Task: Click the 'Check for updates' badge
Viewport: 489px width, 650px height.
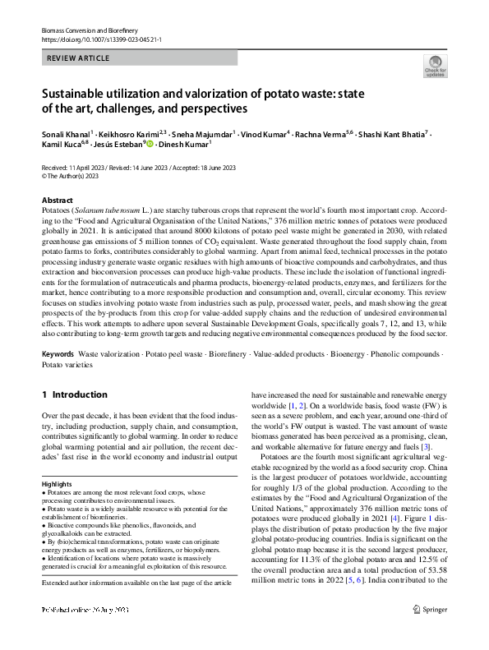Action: [432, 66]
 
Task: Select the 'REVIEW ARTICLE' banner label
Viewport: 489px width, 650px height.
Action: [77, 59]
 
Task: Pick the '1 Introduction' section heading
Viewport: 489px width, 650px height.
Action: [75, 394]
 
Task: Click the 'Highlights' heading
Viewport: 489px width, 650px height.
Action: [58, 485]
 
